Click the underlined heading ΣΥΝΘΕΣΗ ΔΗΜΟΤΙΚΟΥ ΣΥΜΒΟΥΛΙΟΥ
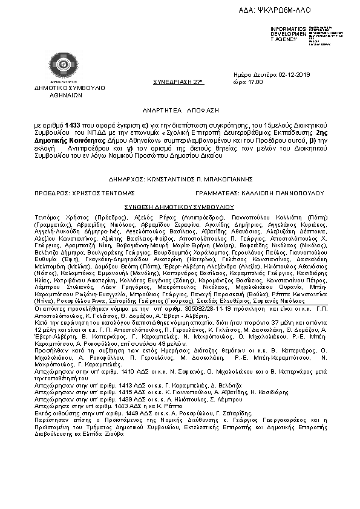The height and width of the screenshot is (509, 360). point(179,206)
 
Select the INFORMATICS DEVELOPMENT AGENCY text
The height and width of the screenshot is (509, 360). point(289,34)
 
